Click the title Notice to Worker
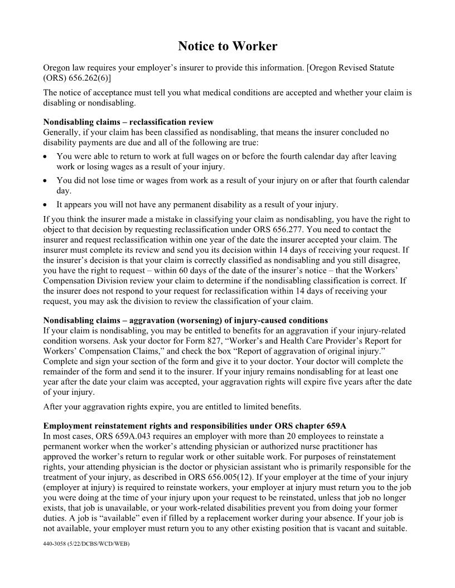[227, 46]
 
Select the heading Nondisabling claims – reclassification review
[128, 122]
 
